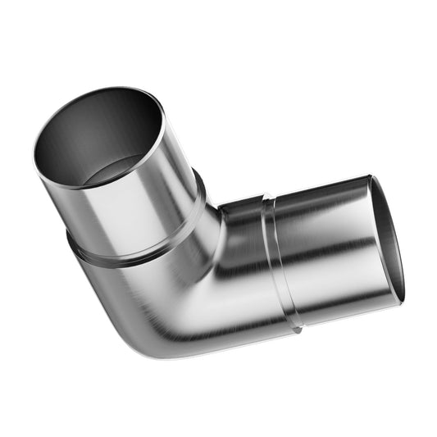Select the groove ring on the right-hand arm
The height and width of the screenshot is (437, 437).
[x=279, y=262]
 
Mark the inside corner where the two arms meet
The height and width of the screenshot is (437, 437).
[x=218, y=210]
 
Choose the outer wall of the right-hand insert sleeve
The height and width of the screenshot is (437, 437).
[x=328, y=246]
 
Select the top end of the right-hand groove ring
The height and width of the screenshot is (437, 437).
[x=263, y=198]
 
